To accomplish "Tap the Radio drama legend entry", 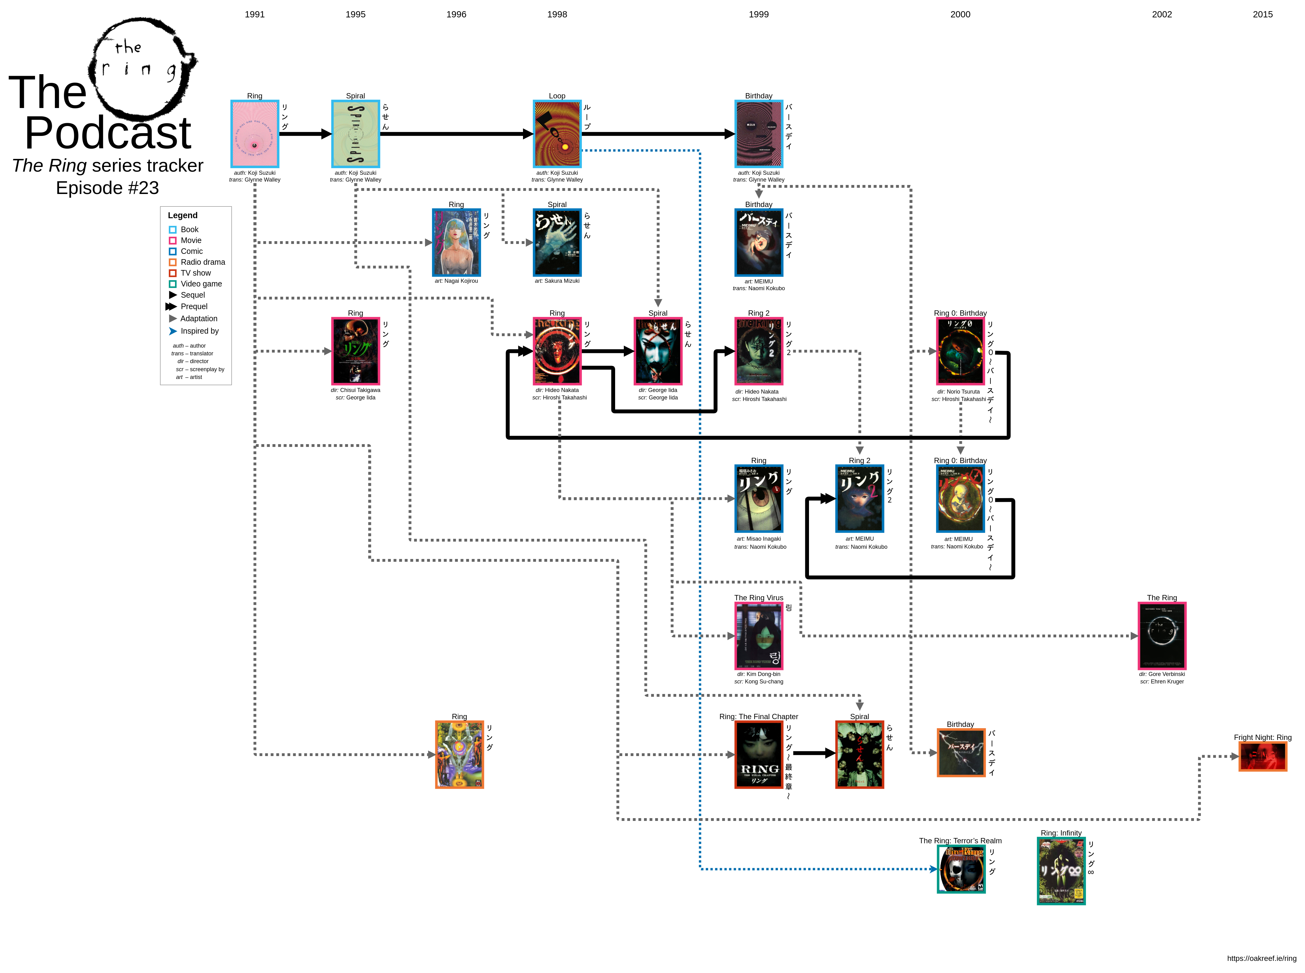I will tap(203, 262).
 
